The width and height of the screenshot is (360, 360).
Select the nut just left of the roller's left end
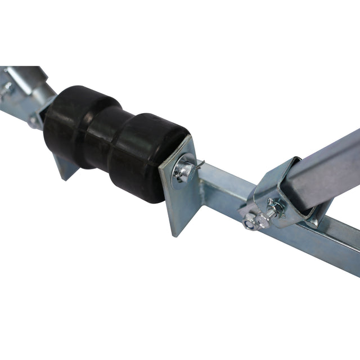tap(35, 121)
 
